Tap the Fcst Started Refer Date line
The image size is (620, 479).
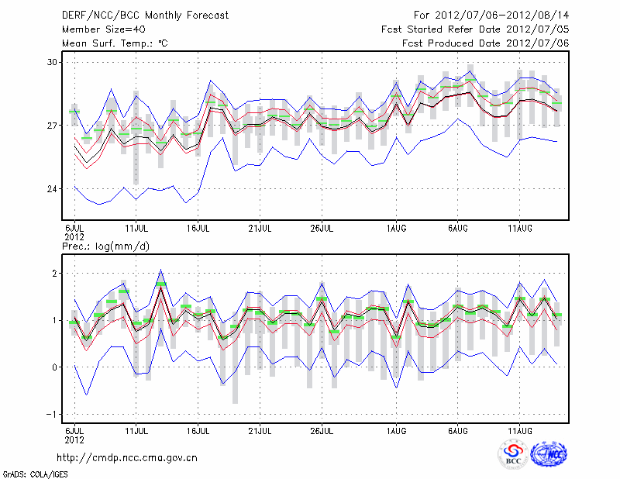tap(475, 29)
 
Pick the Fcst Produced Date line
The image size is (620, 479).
tap(485, 43)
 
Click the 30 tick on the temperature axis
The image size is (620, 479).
tap(52, 62)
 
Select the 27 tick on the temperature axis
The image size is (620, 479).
tap(52, 126)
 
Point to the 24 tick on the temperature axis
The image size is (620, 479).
tap(52, 189)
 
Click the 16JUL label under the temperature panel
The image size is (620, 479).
tap(198, 229)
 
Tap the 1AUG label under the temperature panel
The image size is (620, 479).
tap(396, 229)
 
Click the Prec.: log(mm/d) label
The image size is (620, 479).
tap(106, 246)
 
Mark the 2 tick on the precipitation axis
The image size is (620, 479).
tap(55, 274)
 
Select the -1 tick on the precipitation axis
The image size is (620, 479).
tap(53, 415)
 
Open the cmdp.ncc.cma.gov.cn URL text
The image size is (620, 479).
tap(127, 457)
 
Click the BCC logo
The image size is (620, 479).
tap(512, 455)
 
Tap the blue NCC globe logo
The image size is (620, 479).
tap(549, 455)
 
